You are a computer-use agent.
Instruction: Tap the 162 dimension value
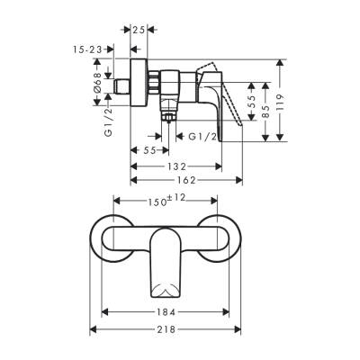(187, 182)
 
